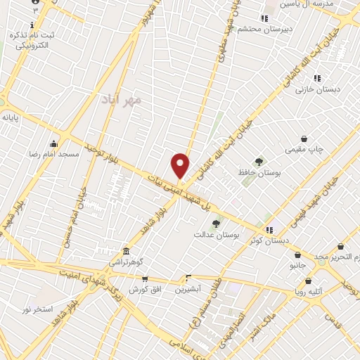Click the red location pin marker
(181, 165)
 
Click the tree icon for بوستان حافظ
(259, 162)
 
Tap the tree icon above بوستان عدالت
(216, 224)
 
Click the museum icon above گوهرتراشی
(126, 251)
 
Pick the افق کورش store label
(145, 289)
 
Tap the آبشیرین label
(188, 288)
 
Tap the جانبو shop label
(298, 265)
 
